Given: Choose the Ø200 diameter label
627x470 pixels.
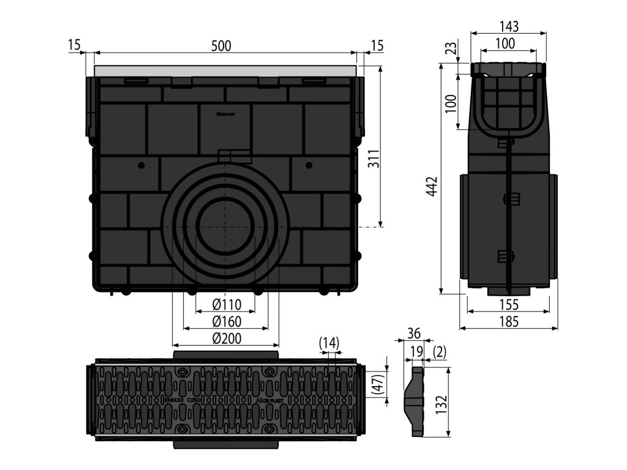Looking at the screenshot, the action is (227, 338).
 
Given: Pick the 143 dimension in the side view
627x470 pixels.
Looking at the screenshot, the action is (509, 26).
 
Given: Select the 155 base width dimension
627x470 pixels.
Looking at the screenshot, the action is (508, 304).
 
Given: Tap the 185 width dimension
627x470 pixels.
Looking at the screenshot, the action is (508, 321).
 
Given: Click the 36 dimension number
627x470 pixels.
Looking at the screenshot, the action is (414, 334).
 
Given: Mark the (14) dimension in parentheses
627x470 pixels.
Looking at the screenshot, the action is (329, 343).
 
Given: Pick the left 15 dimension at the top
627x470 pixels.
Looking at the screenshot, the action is (74, 45).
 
